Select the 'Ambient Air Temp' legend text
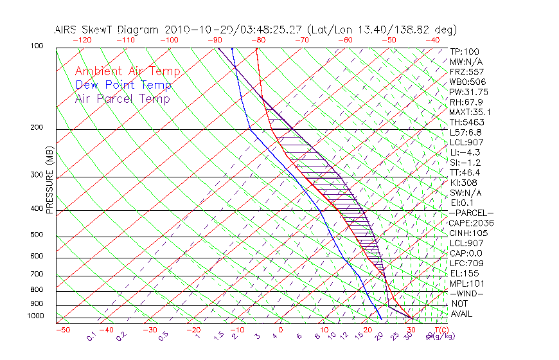[x=127, y=71]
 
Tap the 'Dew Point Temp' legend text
[x=123, y=85]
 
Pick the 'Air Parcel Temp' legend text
[x=122, y=98]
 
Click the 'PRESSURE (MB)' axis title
[x=49, y=181]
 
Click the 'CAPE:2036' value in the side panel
[x=471, y=223]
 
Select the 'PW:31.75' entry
[x=468, y=92]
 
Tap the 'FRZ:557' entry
[x=466, y=72]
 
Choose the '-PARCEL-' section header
[x=471, y=213]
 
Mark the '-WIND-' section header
[x=466, y=293]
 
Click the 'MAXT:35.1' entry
[x=471, y=112]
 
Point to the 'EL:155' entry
[x=464, y=273]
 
